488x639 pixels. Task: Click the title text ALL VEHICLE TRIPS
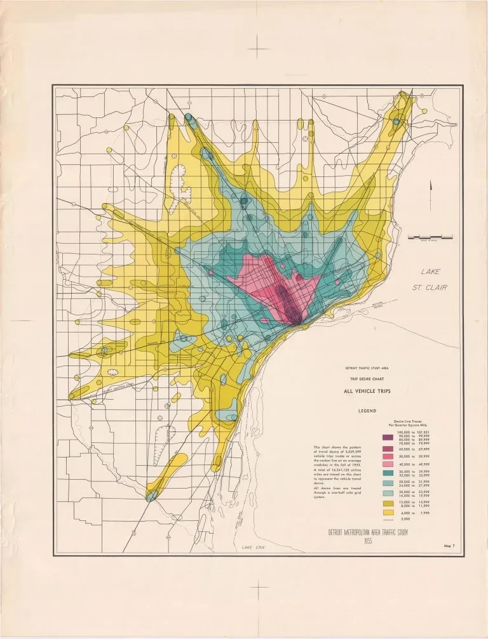[x=367, y=392]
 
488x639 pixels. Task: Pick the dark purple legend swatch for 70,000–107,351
[x=387, y=438]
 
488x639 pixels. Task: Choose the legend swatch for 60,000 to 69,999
[x=387, y=449]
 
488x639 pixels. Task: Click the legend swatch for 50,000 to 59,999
[x=387, y=457]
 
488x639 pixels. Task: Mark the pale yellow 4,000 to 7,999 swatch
[x=387, y=512]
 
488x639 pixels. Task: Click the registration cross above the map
[x=259, y=46]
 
